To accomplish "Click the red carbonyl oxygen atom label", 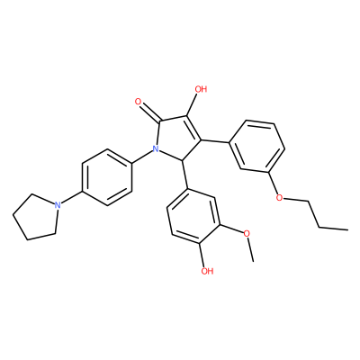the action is (x=139, y=102).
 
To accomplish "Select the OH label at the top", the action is (x=201, y=89).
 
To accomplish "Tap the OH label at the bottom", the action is (x=207, y=271).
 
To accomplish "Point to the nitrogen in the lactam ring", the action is (x=156, y=148).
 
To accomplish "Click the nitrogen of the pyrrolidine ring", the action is (x=58, y=205).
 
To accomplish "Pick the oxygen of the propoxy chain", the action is (x=279, y=198).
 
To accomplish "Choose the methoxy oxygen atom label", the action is (x=247, y=233).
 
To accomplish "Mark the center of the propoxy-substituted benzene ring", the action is (x=256, y=147).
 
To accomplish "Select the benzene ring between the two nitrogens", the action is (x=107, y=177).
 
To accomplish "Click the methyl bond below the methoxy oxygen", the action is (x=250, y=249).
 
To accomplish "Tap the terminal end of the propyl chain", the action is (x=348, y=229).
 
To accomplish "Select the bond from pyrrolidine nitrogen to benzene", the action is (x=71, y=198).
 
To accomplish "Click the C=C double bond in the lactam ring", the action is (x=193, y=128).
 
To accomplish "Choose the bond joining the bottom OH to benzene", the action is (x=202, y=254).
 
